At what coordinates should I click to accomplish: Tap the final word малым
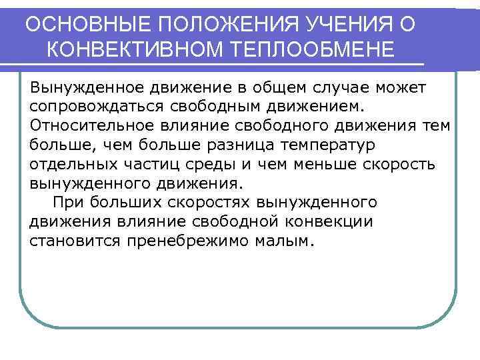[x=283, y=241]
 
